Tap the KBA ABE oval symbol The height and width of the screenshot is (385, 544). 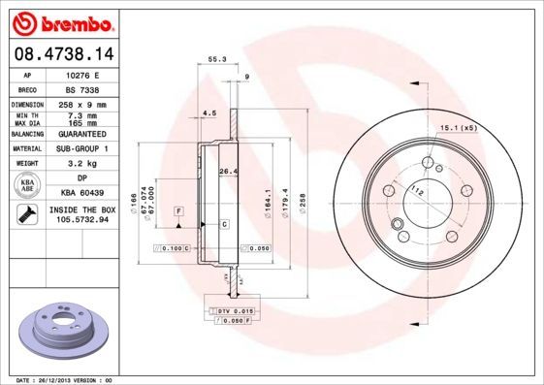coord(28,186)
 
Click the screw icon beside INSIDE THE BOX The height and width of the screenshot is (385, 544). coord(28,214)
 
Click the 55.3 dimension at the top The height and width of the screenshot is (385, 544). coord(217,60)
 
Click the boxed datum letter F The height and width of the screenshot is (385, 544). coord(179,210)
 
